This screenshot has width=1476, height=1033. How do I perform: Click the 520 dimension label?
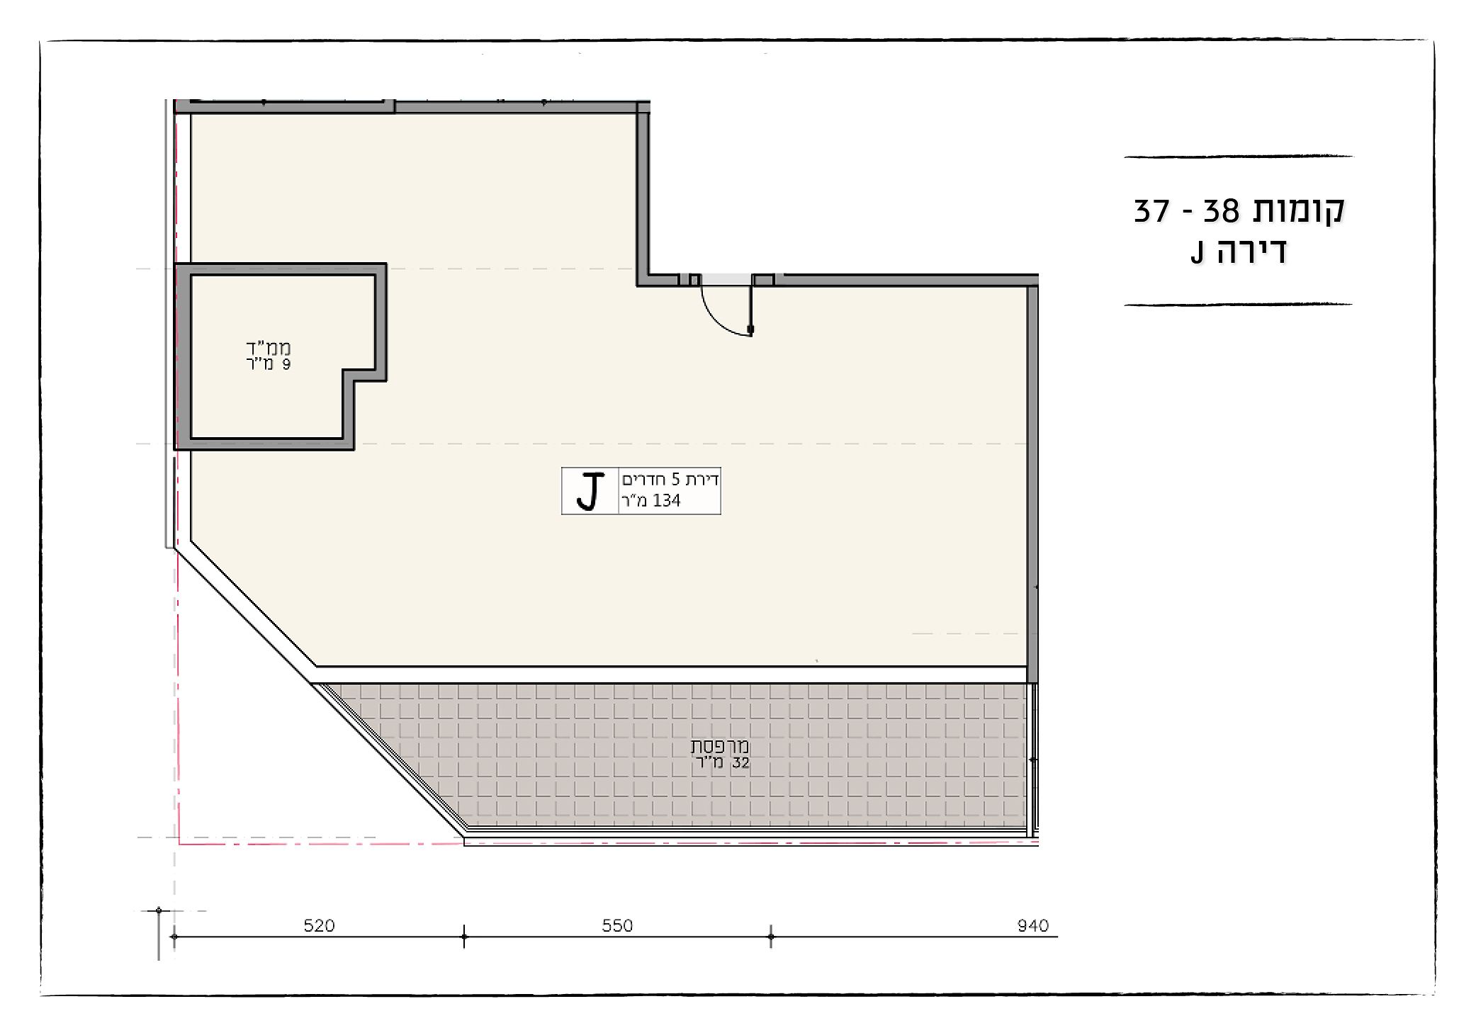click(x=319, y=925)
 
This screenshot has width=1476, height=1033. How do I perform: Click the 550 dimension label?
click(x=617, y=925)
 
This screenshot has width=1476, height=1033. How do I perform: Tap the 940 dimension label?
click(x=1033, y=925)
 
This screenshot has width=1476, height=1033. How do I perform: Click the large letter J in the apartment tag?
click(x=590, y=491)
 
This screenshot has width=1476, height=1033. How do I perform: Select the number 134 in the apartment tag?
click(x=667, y=501)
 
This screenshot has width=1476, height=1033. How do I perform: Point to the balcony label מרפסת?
click(x=720, y=747)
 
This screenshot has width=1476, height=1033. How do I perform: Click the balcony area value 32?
click(x=741, y=763)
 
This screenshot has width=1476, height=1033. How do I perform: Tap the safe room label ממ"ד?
click(x=269, y=348)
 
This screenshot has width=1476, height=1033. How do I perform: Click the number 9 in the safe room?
click(x=286, y=364)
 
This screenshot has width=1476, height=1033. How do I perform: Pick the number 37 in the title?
click(x=1151, y=210)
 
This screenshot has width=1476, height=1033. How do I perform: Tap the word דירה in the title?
click(x=1251, y=252)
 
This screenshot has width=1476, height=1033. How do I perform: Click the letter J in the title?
click(x=1198, y=254)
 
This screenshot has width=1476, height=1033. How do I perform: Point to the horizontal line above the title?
click(x=1238, y=156)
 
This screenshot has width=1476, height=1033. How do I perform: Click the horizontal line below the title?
click(x=1238, y=305)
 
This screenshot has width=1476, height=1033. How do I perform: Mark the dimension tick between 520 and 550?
click(x=464, y=937)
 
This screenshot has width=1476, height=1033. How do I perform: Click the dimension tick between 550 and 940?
click(x=771, y=937)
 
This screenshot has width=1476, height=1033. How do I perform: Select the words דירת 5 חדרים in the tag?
click(x=670, y=480)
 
